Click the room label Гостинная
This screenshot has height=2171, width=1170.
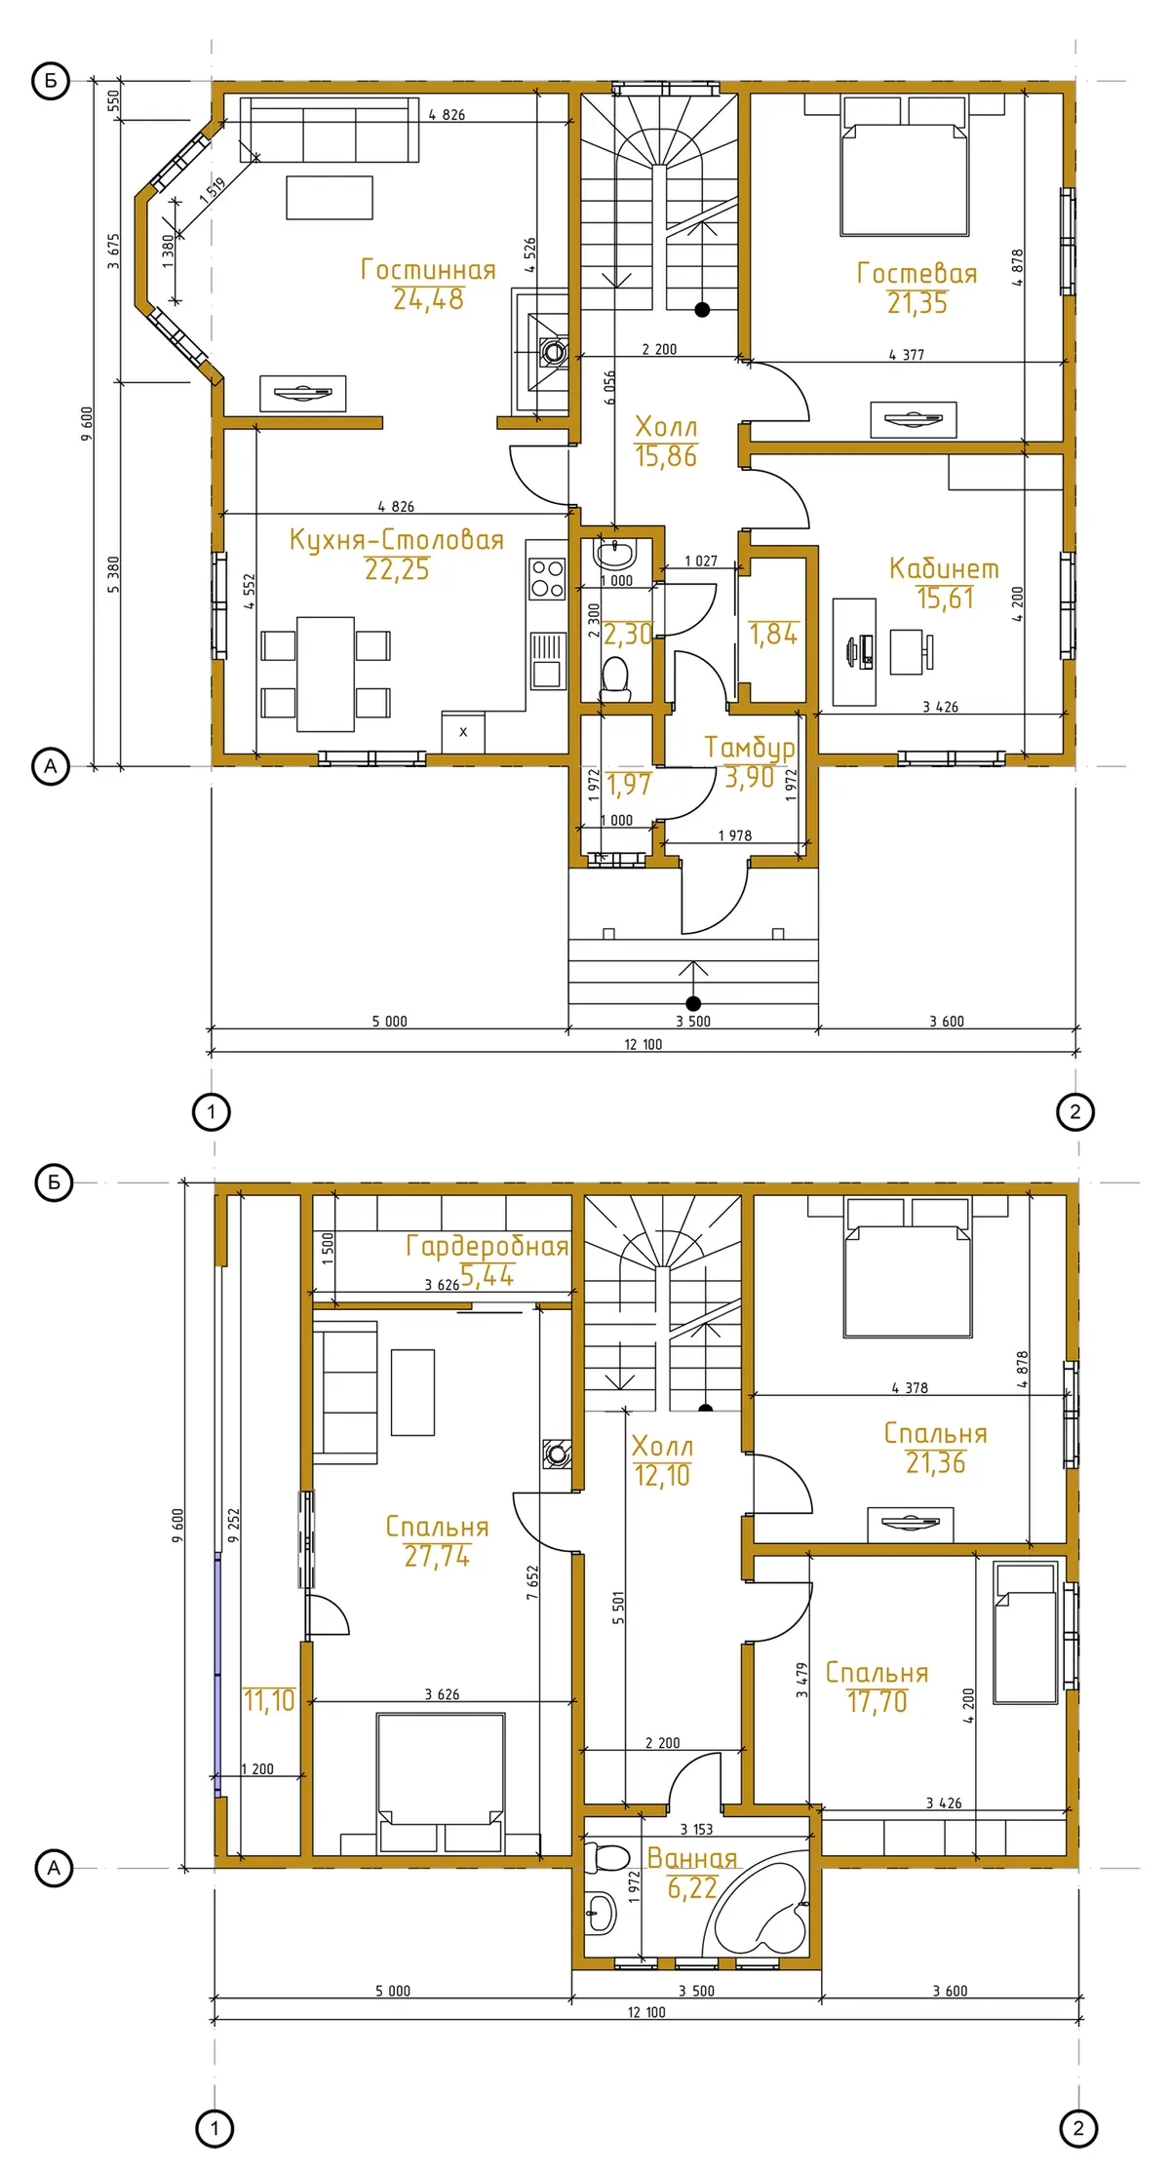point(428,269)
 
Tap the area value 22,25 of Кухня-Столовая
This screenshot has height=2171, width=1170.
point(397,569)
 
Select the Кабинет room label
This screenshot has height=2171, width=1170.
point(944,568)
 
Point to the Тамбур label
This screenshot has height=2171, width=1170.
point(749,749)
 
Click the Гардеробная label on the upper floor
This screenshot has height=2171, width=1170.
point(487,1245)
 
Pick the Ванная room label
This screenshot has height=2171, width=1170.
point(692,1858)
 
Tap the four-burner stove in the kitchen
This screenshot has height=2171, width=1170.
point(547,578)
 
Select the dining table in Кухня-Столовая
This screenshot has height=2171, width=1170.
point(326,674)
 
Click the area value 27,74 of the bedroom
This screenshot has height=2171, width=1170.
point(438,1556)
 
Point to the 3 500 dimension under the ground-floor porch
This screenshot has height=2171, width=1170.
point(693,1021)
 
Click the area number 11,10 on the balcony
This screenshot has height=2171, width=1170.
point(269,1700)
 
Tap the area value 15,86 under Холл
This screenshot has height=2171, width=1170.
point(666,456)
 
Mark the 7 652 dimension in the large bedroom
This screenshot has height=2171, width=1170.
point(532,1582)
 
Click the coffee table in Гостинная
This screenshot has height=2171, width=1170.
point(330,197)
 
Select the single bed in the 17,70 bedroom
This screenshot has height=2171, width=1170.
point(1026,1633)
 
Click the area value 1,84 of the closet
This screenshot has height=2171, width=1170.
point(773,634)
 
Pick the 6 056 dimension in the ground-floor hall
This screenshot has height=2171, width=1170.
point(609,387)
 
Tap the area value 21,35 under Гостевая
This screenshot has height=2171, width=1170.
point(917,303)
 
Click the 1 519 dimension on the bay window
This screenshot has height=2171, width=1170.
point(213,189)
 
